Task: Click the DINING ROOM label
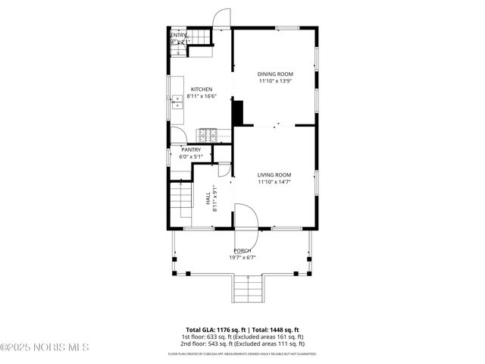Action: pyautogui.click(x=275, y=74)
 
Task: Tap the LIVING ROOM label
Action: pyautogui.click(x=274, y=174)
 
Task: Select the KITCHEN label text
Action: pyautogui.click(x=202, y=89)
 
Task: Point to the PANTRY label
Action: pyautogui.click(x=191, y=150)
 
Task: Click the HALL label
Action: pyautogui.click(x=208, y=198)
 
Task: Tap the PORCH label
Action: pyautogui.click(x=242, y=250)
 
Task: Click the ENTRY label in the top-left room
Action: pyautogui.click(x=179, y=35)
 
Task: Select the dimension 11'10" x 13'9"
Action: pyautogui.click(x=275, y=81)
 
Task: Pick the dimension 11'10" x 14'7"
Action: pyautogui.click(x=274, y=182)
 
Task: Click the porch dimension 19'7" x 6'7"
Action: pyautogui.click(x=242, y=258)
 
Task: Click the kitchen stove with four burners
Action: pyautogui.click(x=208, y=135)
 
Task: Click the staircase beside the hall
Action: pyautogui.click(x=182, y=200)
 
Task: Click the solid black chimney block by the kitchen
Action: pyautogui.click(x=238, y=114)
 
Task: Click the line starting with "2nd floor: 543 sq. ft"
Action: pyautogui.click(x=242, y=343)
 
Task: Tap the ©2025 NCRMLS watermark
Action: pyautogui.click(x=45, y=347)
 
